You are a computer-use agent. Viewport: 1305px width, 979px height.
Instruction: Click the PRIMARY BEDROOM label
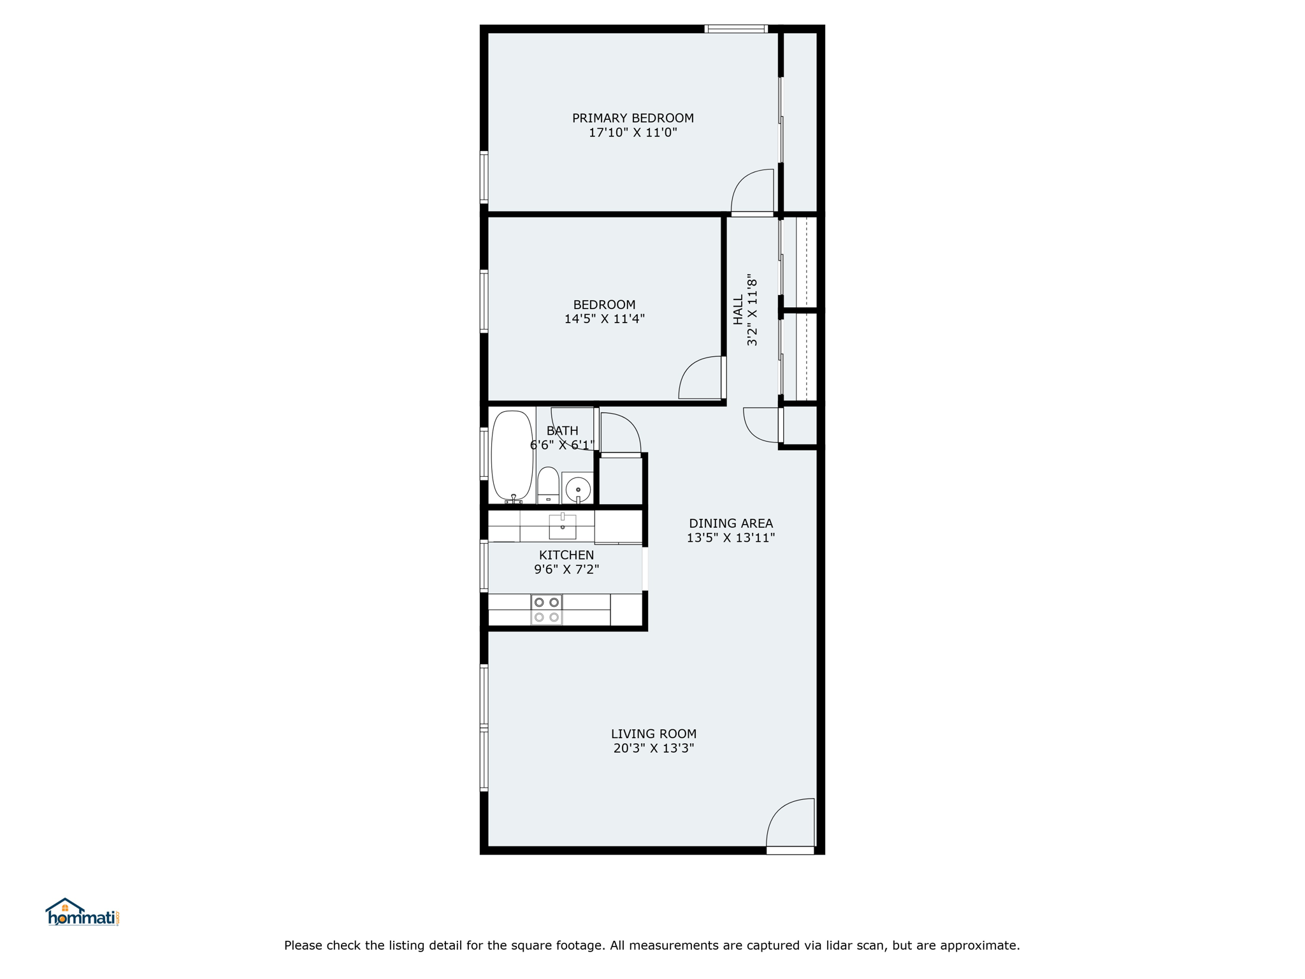633,118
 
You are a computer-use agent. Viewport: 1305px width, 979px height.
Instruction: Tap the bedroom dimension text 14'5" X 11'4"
604,319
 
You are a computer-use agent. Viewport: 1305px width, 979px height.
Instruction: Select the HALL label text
738,310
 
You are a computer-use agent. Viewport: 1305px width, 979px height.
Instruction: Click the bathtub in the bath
512,455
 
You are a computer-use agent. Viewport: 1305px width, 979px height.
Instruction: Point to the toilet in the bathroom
548,485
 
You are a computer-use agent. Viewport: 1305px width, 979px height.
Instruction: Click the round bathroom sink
578,489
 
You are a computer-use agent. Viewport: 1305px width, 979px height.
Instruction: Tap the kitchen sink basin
563,526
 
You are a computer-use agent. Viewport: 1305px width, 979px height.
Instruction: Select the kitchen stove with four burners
547,609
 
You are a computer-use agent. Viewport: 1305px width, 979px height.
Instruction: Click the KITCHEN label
566,555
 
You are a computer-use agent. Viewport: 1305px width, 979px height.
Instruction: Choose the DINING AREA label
731,523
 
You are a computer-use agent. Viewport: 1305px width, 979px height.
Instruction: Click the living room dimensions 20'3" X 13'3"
654,748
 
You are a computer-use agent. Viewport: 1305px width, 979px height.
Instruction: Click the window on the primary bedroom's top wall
736,29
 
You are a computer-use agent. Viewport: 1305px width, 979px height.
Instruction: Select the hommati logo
82,912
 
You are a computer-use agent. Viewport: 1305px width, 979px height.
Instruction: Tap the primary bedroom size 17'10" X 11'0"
633,133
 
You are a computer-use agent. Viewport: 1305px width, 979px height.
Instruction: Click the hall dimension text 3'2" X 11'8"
753,310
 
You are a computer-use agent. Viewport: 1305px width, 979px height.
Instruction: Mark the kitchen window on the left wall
484,566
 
